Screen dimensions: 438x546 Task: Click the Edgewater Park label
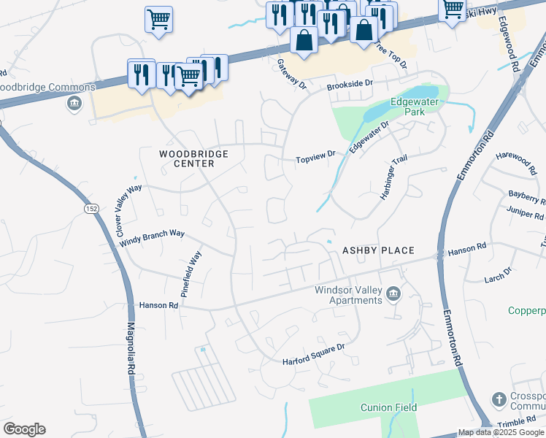414,107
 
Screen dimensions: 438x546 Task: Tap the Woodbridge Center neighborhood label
194,158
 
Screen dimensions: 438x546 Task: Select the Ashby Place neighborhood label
379,250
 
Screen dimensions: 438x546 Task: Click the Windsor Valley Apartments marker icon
393,293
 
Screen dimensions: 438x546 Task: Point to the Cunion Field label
388,407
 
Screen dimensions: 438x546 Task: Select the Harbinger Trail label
393,179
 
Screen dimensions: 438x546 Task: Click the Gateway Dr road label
292,74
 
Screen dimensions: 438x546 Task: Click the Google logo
24,429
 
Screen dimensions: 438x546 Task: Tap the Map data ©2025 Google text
501,432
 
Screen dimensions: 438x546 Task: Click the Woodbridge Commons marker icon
73,104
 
